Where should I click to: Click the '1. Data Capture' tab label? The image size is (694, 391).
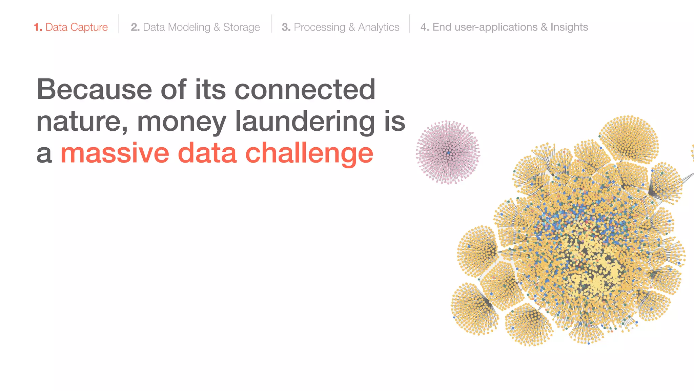[71, 27]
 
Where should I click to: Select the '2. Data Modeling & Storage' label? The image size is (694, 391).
[195, 27]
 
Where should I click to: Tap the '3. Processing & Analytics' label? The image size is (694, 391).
[340, 27]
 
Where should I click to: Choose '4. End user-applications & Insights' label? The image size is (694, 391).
[504, 27]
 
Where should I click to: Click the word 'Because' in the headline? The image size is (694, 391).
[94, 90]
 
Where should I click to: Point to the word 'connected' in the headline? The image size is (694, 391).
[305, 90]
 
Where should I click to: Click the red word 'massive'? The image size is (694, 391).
[115, 153]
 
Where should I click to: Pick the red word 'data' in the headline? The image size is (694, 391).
[207, 153]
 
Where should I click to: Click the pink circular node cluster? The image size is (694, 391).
[448, 153]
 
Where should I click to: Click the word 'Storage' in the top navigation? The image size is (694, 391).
[241, 27]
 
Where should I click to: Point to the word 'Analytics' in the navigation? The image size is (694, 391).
[379, 27]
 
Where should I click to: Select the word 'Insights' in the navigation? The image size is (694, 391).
[569, 27]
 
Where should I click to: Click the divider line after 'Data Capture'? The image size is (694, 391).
[119, 24]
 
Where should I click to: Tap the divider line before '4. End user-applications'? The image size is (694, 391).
[409, 24]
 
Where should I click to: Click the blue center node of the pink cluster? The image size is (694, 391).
[448, 153]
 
